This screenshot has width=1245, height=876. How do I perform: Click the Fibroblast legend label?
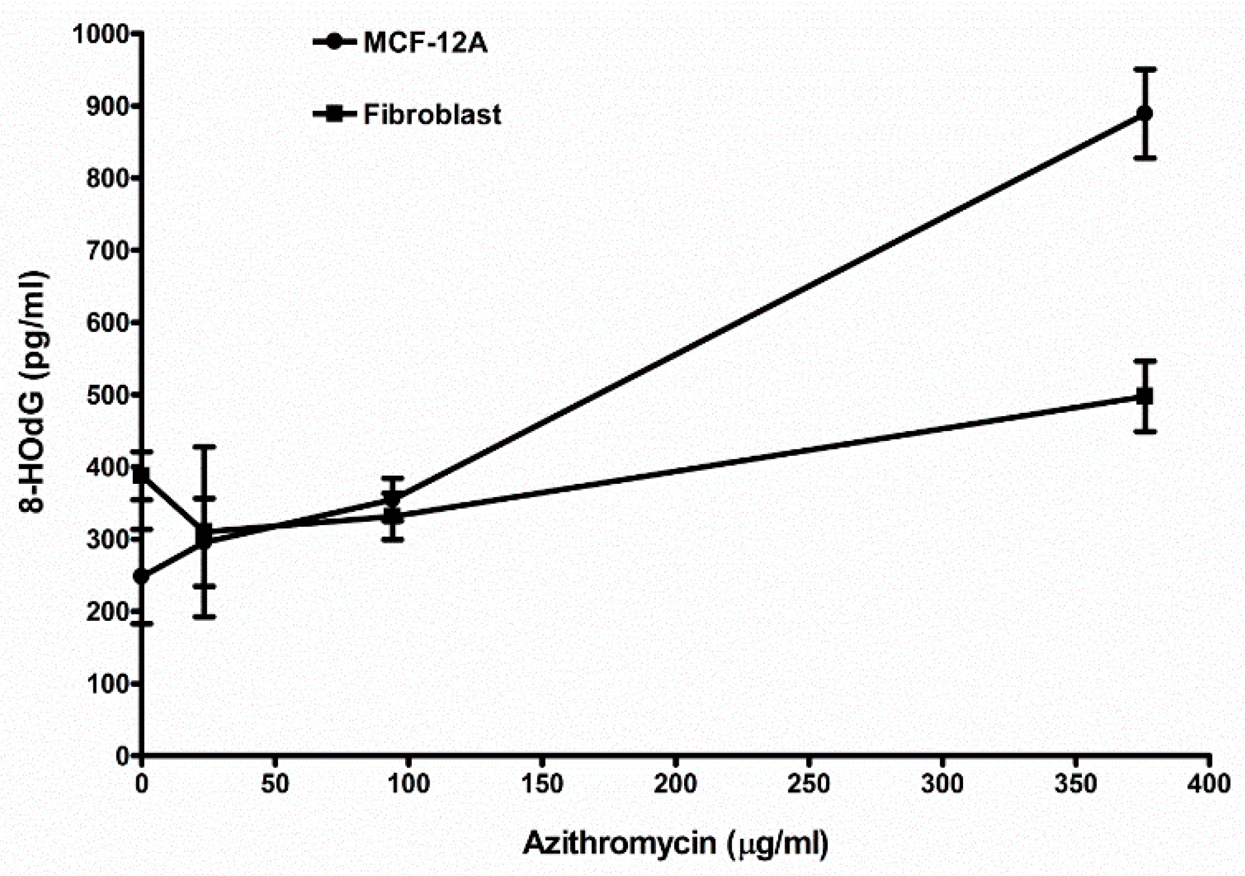pos(432,115)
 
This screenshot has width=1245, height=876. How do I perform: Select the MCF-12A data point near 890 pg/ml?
pos(1144,114)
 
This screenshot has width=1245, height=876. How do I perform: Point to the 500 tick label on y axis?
pos(107,396)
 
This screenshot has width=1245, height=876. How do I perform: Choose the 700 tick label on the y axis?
pos(107,251)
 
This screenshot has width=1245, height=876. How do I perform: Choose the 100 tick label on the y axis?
pos(107,685)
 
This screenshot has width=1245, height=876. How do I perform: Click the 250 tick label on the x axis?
pos(808,784)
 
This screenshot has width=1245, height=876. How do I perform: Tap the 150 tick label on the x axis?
pos(541,784)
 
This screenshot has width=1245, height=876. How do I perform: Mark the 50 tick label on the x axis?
pos(274,784)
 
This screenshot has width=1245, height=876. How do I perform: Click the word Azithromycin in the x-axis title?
pos(619,843)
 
